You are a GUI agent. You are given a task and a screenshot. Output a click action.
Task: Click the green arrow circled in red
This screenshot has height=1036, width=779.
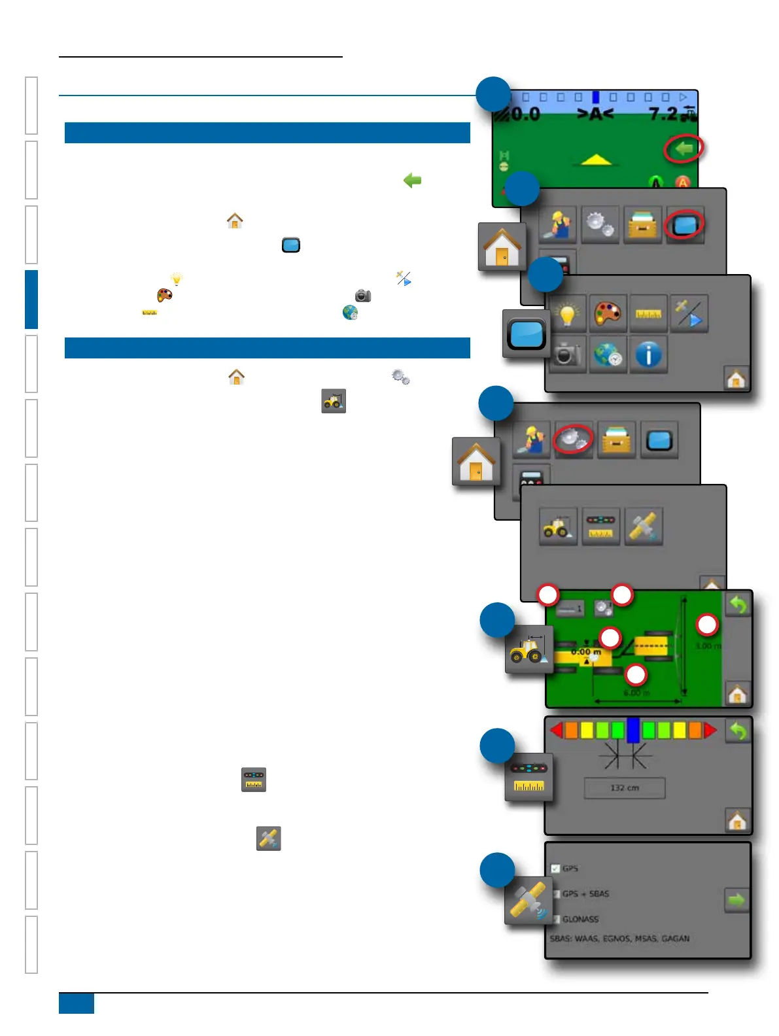tap(684, 149)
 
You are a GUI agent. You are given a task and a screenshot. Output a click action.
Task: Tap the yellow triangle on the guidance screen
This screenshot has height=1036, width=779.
tap(595, 159)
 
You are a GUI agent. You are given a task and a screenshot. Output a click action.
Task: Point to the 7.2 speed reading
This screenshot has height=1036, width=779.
tap(663, 114)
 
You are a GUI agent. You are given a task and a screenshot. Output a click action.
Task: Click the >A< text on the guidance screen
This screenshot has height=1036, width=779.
tap(595, 114)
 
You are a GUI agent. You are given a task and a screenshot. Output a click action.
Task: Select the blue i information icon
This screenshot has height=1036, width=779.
tap(648, 355)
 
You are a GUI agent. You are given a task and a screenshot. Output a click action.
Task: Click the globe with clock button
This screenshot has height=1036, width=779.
tap(608, 355)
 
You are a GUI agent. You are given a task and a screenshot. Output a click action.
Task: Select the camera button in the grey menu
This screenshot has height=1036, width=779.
tap(567, 355)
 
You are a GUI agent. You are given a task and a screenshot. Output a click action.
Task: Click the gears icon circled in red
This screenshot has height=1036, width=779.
tap(573, 440)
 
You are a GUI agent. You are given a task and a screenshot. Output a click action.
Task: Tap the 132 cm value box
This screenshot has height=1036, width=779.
tap(624, 788)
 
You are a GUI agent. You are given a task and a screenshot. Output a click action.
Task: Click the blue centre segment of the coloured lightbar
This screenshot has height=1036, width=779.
tap(632, 730)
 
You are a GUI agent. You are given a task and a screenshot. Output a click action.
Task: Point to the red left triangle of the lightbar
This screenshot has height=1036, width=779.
tap(557, 730)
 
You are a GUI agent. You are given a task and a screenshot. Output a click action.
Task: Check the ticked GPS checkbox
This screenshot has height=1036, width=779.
tap(555, 869)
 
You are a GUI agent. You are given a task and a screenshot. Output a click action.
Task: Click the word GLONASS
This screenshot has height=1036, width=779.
tap(580, 919)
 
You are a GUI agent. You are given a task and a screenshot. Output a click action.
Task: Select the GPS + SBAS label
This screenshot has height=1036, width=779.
tap(585, 893)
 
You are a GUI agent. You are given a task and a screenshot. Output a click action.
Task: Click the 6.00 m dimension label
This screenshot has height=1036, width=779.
tap(636, 693)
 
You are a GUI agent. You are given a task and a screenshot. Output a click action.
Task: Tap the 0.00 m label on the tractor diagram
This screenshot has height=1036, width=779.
tap(585, 652)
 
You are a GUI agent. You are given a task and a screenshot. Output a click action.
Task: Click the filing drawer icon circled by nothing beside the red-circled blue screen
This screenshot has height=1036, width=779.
tap(642, 226)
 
